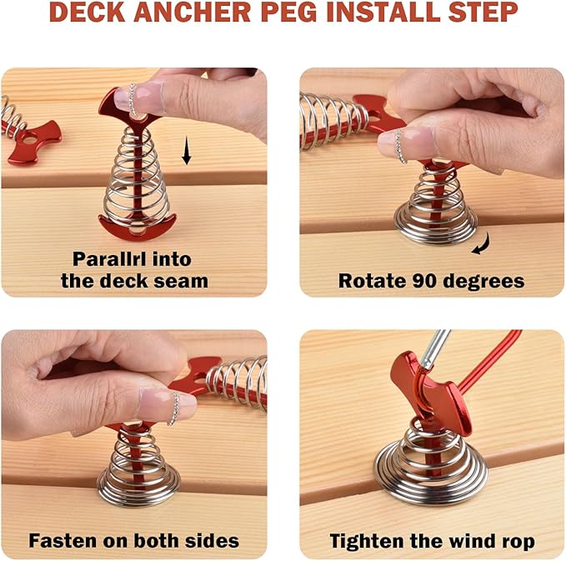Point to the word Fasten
click(60, 540)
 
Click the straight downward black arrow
click(188, 152)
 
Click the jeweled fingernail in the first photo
click(134, 99)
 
